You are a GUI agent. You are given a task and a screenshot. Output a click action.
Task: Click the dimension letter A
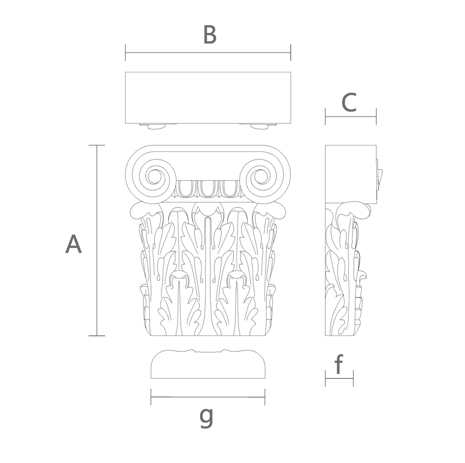73,244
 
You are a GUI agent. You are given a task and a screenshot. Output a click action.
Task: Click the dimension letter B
210,34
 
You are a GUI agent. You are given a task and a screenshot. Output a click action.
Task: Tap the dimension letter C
349,102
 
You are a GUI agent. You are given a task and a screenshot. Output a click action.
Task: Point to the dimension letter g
206,418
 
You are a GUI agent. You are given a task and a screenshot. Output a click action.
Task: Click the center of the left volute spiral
154,177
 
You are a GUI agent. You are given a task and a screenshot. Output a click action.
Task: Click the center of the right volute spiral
261,177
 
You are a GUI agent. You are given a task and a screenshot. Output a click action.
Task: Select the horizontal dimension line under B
208,53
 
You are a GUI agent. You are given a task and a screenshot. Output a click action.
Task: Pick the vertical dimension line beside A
97,241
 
